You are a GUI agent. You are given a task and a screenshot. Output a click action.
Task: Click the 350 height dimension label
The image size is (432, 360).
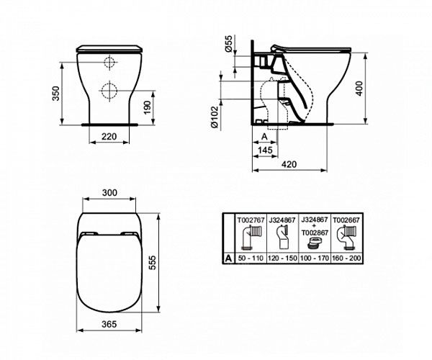pos(56,94)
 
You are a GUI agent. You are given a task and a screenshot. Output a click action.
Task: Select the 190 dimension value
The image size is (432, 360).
pos(148,108)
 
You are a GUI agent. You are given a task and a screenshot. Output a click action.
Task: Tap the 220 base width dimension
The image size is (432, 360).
pos(109,136)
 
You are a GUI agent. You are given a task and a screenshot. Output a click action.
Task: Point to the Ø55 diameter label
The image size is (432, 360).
pos(229,43)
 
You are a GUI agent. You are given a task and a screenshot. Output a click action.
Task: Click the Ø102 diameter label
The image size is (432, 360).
pos(215,117)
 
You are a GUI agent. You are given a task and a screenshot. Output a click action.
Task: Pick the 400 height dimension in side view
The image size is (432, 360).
pos(359,89)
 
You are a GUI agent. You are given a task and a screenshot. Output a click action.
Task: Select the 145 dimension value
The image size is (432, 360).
pos(265,150)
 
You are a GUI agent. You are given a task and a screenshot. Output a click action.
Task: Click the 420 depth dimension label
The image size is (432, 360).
pos(289,164)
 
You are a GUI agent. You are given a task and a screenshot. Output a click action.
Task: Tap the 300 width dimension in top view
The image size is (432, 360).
pos(109,192)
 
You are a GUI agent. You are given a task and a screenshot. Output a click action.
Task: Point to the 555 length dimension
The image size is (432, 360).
pos(152,263)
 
